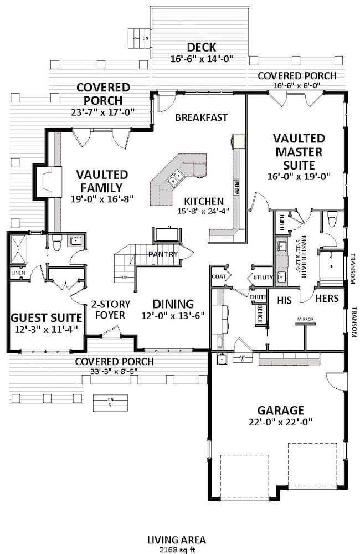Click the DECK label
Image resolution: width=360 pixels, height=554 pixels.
tap(201, 47)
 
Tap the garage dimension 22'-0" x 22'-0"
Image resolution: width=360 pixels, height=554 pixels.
tap(280, 422)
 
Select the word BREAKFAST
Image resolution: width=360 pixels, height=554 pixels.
tap(201, 117)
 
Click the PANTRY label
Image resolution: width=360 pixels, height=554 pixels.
tap(163, 254)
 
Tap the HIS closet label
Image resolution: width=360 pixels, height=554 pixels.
tap(284, 299)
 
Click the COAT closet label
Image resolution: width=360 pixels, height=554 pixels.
tap(218, 275)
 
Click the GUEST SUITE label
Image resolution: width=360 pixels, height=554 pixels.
tap(47, 317)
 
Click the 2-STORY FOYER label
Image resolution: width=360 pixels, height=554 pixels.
tap(111, 309)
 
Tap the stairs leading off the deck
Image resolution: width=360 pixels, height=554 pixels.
tap(138, 38)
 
